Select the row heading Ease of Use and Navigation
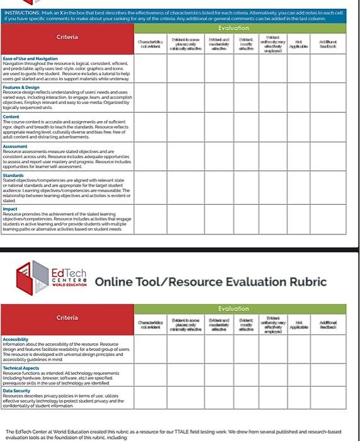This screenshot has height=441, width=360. (x=30, y=58)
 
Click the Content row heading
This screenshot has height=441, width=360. (x=11, y=117)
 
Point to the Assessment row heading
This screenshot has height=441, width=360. (x=15, y=146)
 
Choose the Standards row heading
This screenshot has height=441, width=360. (x=13, y=175)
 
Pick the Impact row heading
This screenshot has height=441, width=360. (x=10, y=209)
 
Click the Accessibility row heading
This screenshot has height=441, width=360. (x=16, y=338)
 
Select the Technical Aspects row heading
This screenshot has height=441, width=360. (x=21, y=368)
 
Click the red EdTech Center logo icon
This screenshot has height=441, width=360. (x=32, y=278)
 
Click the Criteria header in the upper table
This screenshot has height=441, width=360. (x=67, y=37)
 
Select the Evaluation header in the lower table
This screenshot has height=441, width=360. (x=233, y=309)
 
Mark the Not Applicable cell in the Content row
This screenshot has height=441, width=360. (x=294, y=128)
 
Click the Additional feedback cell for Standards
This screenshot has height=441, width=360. (x=328, y=187)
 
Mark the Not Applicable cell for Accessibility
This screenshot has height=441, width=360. (x=294, y=350)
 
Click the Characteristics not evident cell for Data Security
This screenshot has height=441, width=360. (x=151, y=398)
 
